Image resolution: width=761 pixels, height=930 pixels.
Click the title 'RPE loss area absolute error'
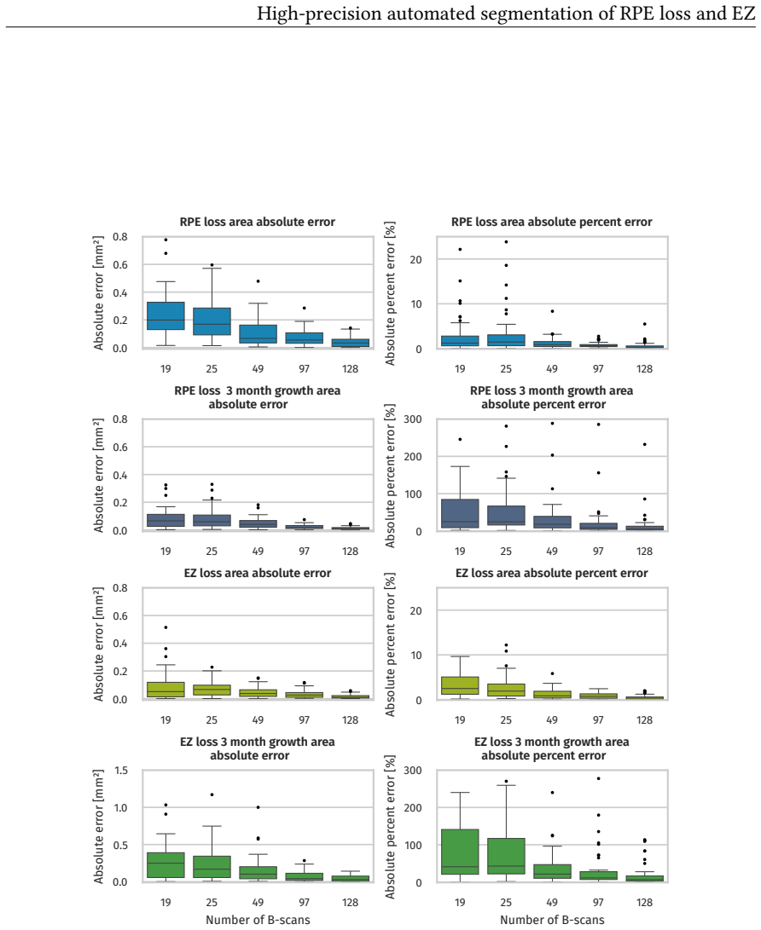[258, 222]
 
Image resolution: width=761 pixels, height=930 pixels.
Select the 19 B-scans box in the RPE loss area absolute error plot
[166, 315]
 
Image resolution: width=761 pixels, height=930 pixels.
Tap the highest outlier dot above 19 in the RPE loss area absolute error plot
[166, 240]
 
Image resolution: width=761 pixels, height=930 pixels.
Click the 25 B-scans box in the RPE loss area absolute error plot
[212, 321]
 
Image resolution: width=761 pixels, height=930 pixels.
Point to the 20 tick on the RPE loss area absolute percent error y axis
[416, 260]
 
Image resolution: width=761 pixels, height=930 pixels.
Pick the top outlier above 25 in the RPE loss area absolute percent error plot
[507, 242]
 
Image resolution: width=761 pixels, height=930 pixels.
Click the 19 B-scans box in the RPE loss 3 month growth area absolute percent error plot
[460, 514]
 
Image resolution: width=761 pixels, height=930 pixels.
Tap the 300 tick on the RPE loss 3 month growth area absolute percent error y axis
[413, 419]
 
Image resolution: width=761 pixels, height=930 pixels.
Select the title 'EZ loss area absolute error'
[258, 573]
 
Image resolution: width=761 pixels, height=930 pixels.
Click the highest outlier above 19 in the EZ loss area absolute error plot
[166, 627]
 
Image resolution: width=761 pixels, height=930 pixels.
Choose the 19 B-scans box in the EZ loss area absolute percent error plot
[460, 685]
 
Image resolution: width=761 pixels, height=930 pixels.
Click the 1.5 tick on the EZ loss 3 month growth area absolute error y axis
[121, 771]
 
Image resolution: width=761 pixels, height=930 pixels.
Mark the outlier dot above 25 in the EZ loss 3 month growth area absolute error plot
[212, 794]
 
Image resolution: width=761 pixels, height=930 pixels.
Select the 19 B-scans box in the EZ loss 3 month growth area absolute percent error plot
[460, 852]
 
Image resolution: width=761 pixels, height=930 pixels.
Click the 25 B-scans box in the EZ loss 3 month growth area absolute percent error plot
[507, 856]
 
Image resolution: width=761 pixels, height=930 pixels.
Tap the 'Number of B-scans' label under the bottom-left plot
[258, 919]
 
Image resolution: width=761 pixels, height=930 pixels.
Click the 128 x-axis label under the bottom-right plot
[645, 902]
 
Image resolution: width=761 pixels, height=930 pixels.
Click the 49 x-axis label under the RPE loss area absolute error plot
[258, 369]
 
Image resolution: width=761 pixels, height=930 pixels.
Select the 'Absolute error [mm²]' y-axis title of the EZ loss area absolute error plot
[99, 644]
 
